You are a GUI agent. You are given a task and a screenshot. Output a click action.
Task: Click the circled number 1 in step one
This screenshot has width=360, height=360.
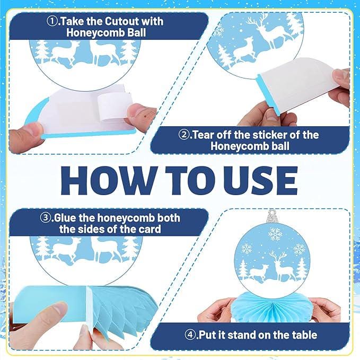pos(52,21)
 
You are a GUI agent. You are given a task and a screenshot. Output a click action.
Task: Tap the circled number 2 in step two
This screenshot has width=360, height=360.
pos(183,135)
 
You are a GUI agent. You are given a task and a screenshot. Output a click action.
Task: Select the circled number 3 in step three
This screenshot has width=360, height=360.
pos(45,218)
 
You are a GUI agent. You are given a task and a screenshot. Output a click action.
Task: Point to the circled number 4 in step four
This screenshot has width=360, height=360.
pos(190,335)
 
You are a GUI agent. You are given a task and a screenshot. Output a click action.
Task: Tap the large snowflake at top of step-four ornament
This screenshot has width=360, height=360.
pos(275,234)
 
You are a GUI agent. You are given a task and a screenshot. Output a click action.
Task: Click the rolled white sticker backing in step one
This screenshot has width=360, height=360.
pos(114,104)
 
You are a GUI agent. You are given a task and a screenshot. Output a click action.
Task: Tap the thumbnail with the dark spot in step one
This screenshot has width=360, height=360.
pos(139,113)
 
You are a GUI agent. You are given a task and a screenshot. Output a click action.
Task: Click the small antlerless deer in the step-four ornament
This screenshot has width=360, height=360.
pos(258,272)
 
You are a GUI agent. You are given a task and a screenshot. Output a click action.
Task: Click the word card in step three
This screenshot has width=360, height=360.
pos(151,230)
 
